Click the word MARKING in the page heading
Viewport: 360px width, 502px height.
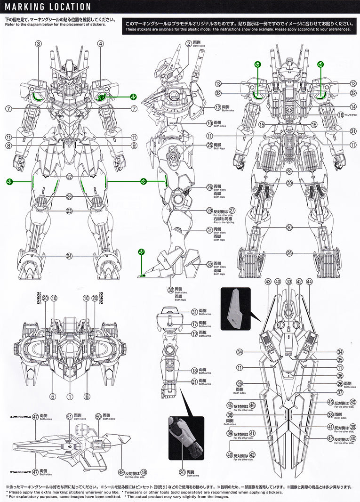[24, 7]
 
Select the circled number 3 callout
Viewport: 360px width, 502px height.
[39, 43]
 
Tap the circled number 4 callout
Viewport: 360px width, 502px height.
[100, 43]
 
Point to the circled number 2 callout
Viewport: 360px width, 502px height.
[189, 43]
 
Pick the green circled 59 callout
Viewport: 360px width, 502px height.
[9, 181]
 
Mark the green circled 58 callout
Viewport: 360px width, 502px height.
[144, 181]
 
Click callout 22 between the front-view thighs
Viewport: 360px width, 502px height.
[69, 177]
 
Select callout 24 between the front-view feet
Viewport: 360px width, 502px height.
[69, 256]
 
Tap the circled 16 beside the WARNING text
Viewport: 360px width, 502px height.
[341, 115]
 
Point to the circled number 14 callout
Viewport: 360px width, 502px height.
[353, 107]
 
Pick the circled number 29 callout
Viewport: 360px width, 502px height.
[289, 171]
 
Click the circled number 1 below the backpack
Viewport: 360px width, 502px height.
[70, 396]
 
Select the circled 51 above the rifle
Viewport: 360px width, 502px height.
[70, 416]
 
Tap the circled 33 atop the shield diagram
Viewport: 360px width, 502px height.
[288, 282]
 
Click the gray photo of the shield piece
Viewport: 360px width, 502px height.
[239, 309]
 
